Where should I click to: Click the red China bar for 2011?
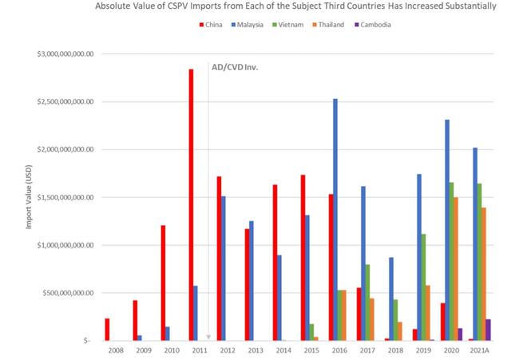click(191, 204)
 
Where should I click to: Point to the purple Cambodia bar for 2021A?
click(489, 330)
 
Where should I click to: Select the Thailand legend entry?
click(331, 25)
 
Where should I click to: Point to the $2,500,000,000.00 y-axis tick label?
click(65, 102)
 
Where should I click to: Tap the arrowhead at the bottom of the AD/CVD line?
click(208, 337)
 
